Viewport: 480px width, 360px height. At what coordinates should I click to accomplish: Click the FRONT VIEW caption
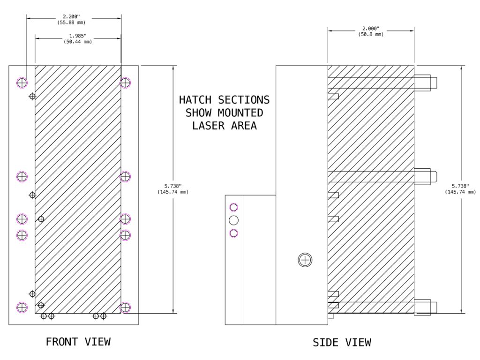click(78, 342)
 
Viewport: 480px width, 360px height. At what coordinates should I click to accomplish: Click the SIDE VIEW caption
click(342, 343)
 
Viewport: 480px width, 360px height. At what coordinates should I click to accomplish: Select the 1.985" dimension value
click(78, 36)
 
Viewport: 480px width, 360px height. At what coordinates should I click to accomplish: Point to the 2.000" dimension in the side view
click(371, 29)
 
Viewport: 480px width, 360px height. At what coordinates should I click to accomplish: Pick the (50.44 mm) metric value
click(78, 42)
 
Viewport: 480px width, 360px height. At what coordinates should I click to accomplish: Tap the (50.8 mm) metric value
click(371, 34)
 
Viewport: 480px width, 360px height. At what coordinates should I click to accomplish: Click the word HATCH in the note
click(195, 100)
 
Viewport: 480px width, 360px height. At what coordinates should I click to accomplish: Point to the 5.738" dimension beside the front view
click(173, 186)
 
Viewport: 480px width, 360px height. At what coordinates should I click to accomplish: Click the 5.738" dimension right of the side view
click(460, 186)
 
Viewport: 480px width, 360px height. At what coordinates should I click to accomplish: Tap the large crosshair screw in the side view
click(305, 260)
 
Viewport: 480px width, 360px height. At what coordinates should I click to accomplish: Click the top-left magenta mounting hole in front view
click(22, 83)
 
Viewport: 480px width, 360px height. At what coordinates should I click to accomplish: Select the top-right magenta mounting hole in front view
click(125, 83)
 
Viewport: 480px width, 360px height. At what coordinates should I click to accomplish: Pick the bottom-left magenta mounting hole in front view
click(22, 307)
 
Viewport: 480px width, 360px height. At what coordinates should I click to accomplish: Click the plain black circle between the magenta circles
click(234, 220)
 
